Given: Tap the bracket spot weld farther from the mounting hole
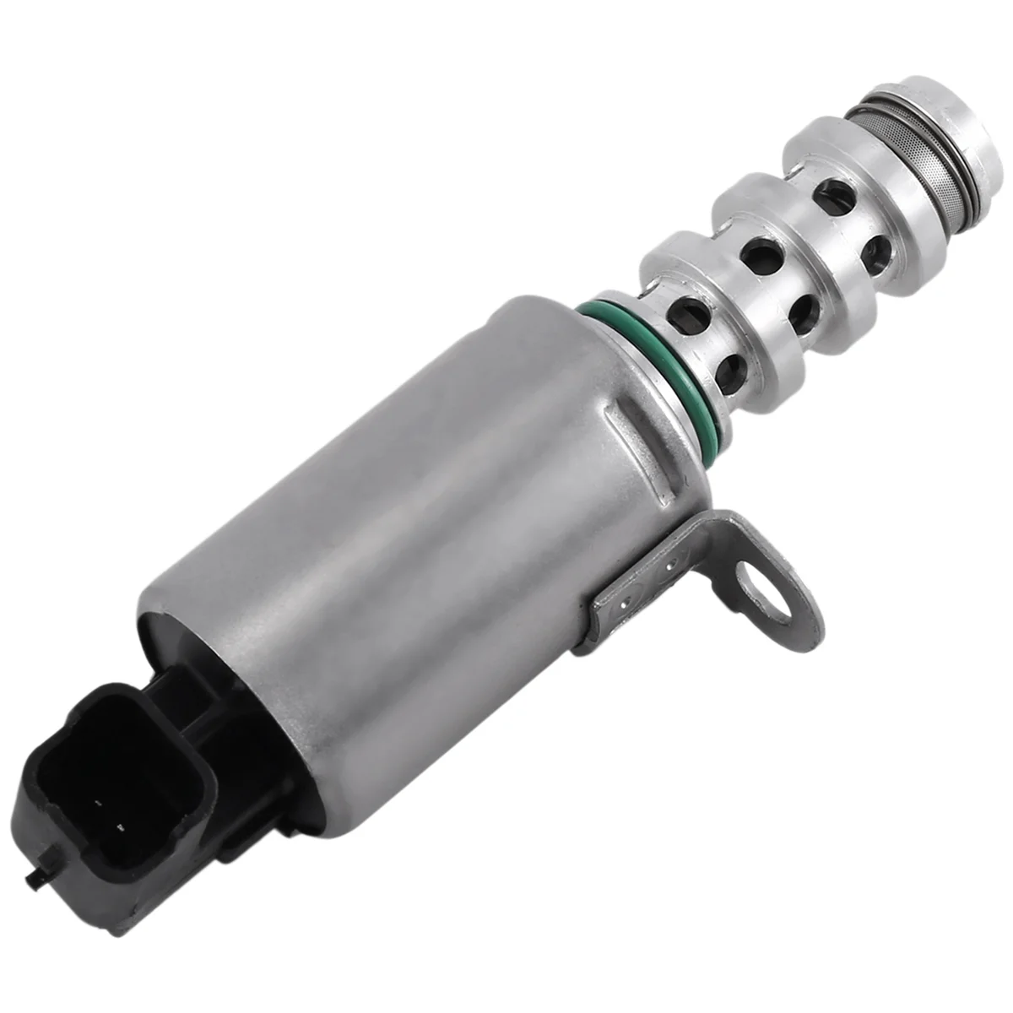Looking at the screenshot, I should pyautogui.click(x=620, y=604).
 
